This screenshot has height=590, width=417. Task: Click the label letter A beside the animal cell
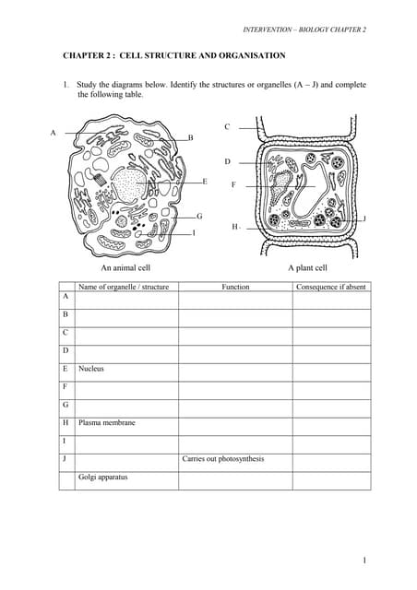click(53, 132)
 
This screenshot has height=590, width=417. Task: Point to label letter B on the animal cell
click(190, 137)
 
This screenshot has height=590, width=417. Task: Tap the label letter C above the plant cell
click(227, 126)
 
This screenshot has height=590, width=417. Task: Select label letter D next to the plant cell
click(227, 161)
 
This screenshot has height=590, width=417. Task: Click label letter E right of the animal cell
click(204, 182)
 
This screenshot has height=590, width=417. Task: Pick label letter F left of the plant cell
click(233, 184)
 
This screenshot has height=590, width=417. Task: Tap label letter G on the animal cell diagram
click(199, 216)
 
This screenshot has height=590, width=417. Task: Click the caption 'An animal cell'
click(125, 268)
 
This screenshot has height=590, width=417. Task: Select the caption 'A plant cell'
click(307, 268)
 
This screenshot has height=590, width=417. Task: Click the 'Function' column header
click(235, 287)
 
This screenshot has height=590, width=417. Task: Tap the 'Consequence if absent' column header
click(331, 287)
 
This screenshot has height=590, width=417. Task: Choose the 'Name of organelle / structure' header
click(124, 287)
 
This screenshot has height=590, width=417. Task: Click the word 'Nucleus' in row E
click(91, 368)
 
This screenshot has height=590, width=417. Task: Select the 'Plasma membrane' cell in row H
click(107, 422)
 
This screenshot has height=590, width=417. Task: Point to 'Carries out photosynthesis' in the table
click(223, 458)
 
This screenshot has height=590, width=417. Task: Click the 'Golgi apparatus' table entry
click(103, 477)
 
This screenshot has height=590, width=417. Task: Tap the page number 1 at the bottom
click(364, 560)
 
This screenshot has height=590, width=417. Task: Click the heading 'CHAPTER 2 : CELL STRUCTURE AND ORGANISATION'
click(173, 56)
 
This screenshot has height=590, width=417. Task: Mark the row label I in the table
click(66, 441)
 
